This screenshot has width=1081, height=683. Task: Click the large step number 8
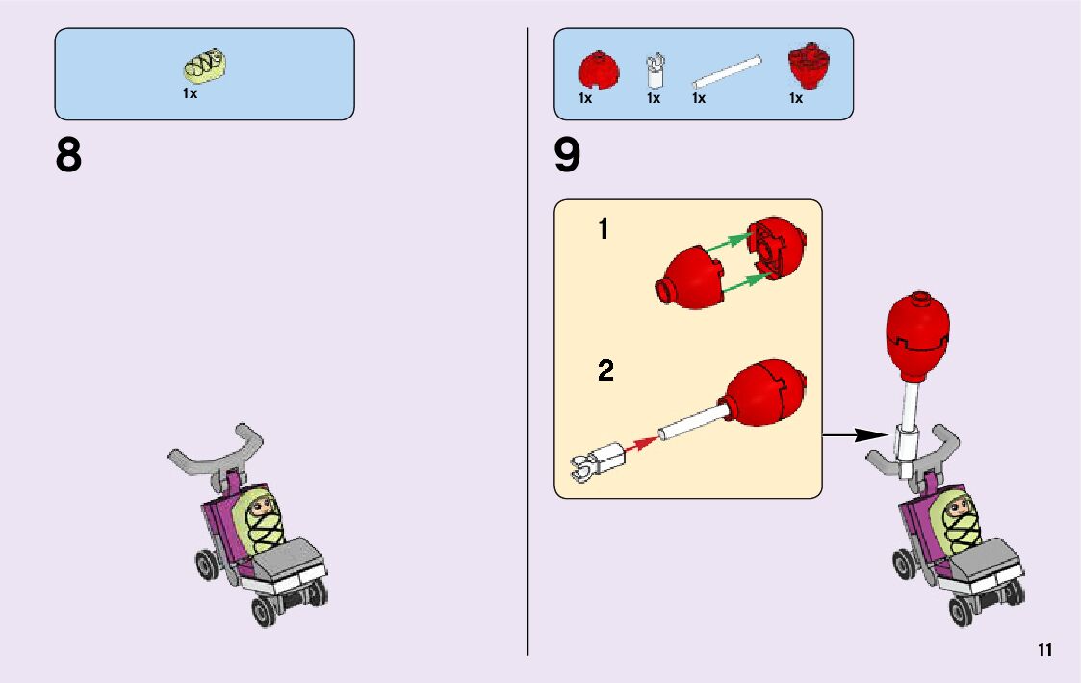68,156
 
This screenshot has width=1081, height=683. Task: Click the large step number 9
568,156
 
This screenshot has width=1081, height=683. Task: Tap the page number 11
1045,649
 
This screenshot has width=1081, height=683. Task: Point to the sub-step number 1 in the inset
604,230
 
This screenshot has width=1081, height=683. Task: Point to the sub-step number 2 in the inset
605,371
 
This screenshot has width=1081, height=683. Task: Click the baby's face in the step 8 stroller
261,504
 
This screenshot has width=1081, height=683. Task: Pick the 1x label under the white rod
699,98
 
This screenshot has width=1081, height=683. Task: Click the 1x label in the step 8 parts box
190,94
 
